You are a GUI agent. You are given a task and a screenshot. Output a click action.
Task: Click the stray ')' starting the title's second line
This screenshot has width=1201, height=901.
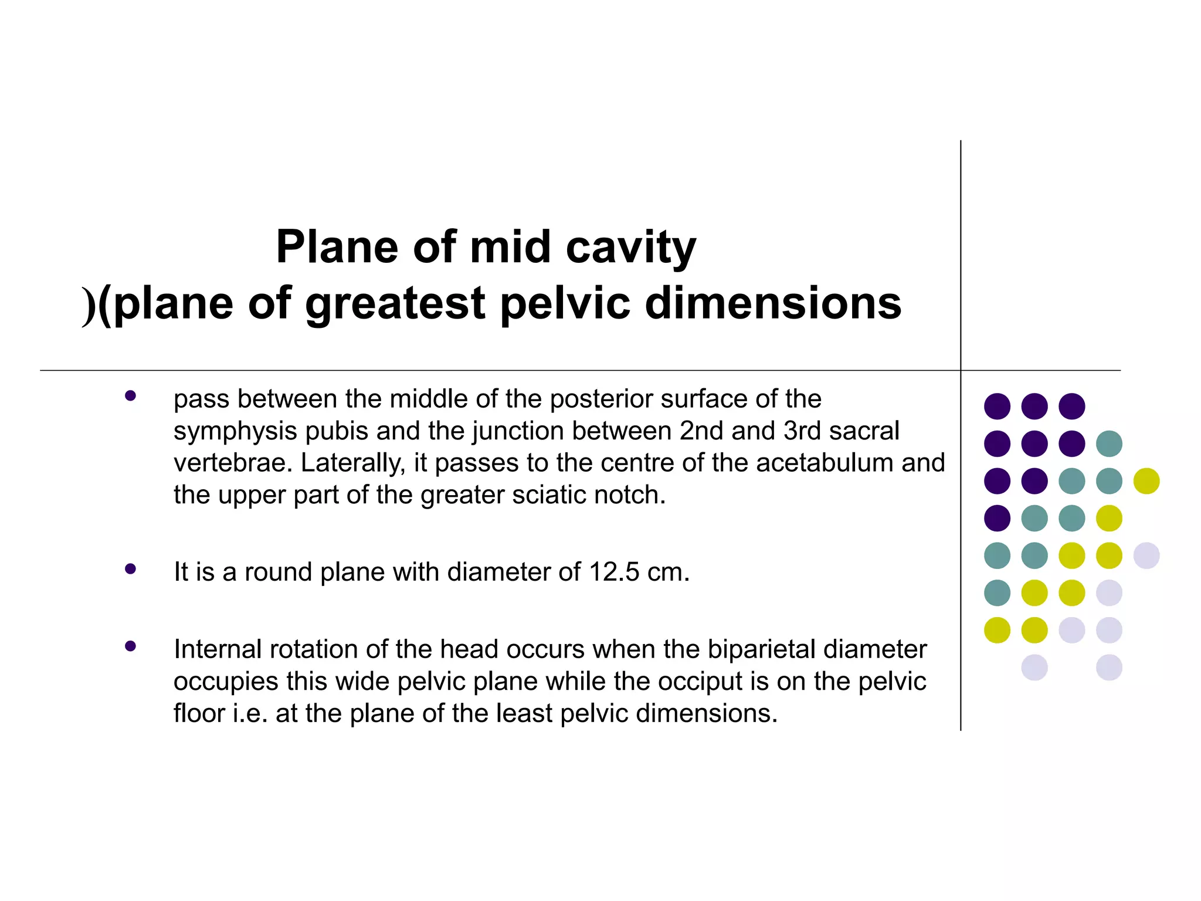pos(89,305)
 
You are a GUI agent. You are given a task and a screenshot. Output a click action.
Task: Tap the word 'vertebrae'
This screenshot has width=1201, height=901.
pos(233,463)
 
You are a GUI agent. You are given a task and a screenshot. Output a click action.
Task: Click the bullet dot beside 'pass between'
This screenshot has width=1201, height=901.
pos(130,396)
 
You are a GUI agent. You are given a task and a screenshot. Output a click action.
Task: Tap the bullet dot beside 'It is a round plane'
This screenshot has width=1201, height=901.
pos(130,569)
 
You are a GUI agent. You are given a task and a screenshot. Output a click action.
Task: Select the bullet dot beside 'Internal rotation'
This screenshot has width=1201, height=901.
pos(130,646)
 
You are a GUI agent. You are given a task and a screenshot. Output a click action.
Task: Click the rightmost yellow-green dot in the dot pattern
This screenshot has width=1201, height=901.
pos(1146,481)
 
